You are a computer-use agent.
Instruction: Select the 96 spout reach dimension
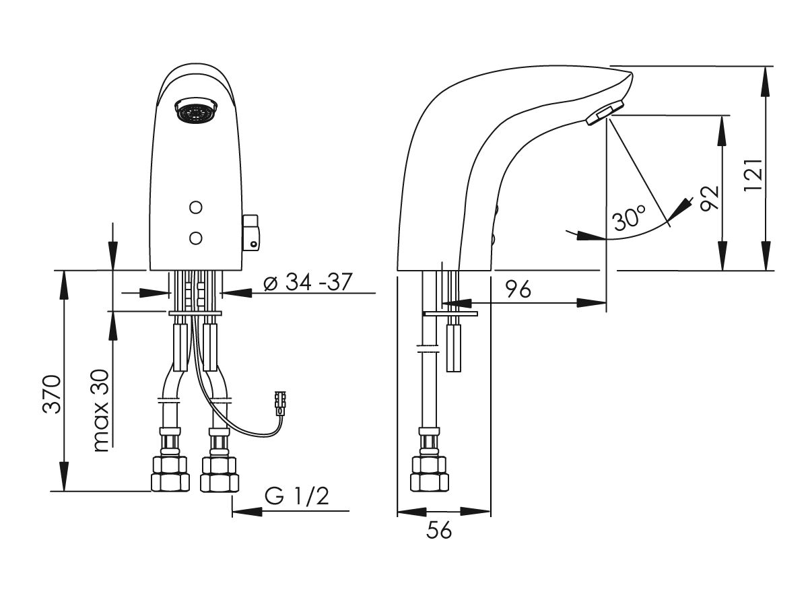(518, 289)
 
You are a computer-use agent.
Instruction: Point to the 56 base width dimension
(439, 531)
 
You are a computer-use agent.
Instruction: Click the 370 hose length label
(51, 394)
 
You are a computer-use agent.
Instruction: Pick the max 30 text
(101, 411)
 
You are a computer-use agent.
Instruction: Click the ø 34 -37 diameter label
(308, 282)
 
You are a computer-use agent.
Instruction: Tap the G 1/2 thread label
(296, 496)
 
